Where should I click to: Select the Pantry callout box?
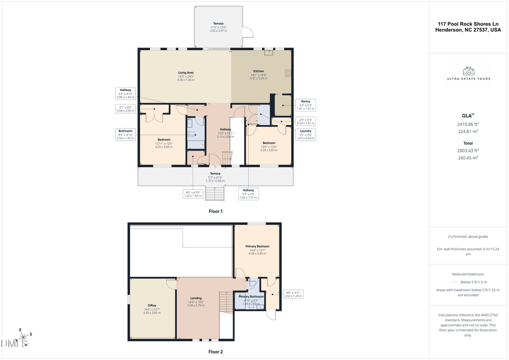[305, 105]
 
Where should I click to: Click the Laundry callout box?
[305, 134]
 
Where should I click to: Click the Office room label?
[151, 307]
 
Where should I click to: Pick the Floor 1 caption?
[215, 211]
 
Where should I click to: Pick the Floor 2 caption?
[215, 352]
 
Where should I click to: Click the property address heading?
[468, 27]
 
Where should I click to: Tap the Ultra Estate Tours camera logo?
[468, 71]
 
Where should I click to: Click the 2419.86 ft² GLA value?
[468, 124]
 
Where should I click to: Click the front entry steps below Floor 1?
[215, 194]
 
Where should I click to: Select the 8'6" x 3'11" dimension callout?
[294, 294]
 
